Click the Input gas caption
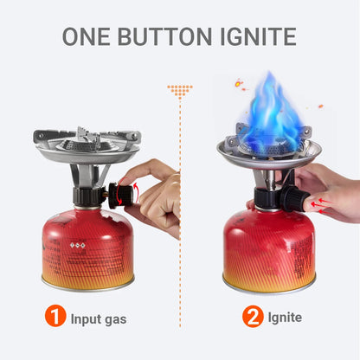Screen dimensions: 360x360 pyautogui.click(x=99, y=318)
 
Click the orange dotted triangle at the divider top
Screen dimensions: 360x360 pyautogui.click(x=180, y=89)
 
